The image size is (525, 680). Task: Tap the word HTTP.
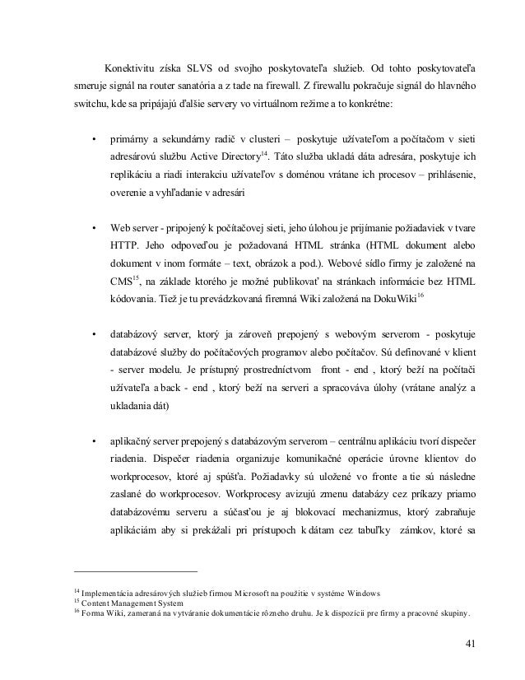(123, 247)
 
